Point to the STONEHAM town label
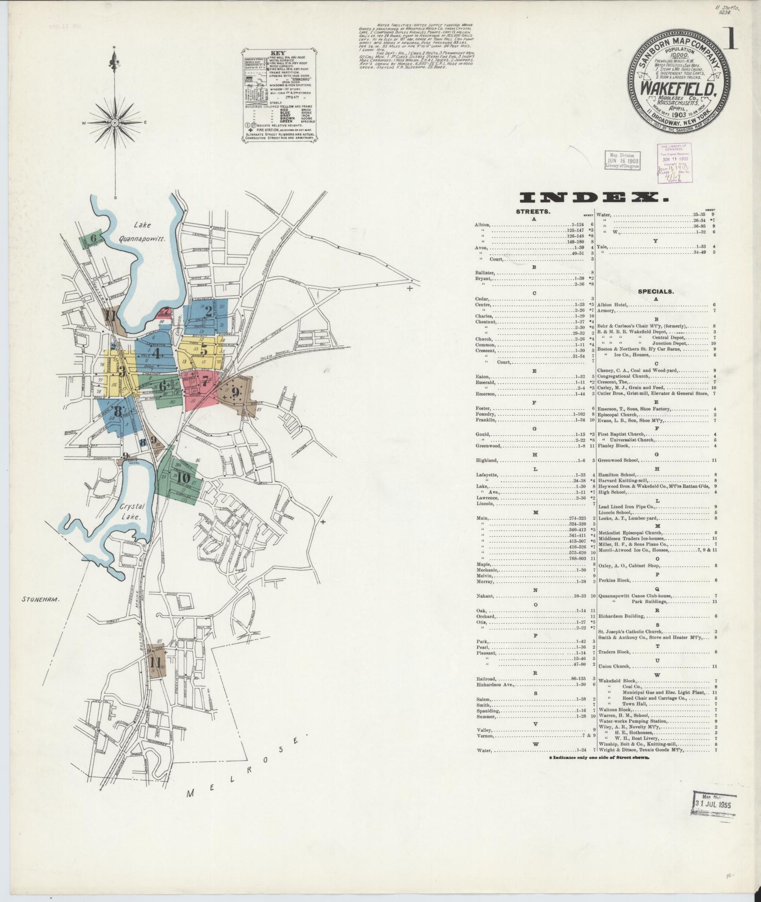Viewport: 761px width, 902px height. [x=42, y=600]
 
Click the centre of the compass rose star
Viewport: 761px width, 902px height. [x=115, y=122]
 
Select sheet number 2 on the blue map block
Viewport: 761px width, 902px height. [x=208, y=311]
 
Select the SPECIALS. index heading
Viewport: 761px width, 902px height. [x=656, y=291]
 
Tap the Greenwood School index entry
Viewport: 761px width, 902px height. [x=618, y=460]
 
